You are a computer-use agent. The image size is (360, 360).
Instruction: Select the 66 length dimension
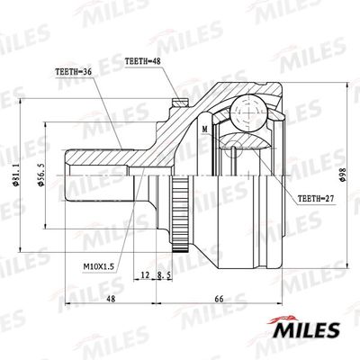[x=218, y=301]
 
